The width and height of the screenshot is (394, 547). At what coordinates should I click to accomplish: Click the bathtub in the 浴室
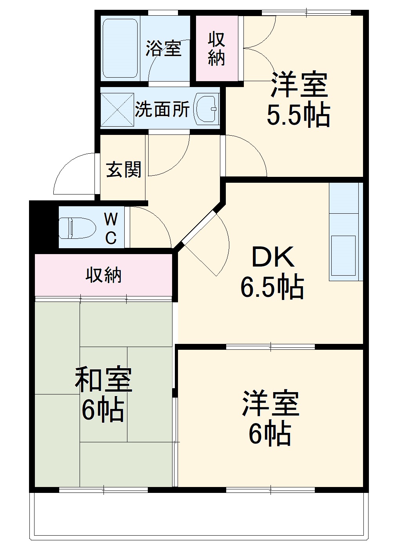[x=120, y=48]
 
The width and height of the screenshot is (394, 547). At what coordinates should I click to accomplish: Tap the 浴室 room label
[x=163, y=48]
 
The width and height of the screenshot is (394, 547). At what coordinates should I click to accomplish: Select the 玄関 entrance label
[x=123, y=170]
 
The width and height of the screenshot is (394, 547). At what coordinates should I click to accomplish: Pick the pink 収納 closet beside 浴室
[x=216, y=48]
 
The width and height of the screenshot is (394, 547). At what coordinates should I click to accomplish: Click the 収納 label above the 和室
[x=103, y=275]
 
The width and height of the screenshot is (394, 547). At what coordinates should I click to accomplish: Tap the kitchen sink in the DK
[x=343, y=255]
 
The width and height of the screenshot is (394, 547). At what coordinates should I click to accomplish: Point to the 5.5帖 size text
[x=298, y=115]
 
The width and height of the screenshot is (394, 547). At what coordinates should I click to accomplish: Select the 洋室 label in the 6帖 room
[x=271, y=403]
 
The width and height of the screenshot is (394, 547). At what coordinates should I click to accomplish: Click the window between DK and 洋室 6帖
[x=271, y=347]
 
